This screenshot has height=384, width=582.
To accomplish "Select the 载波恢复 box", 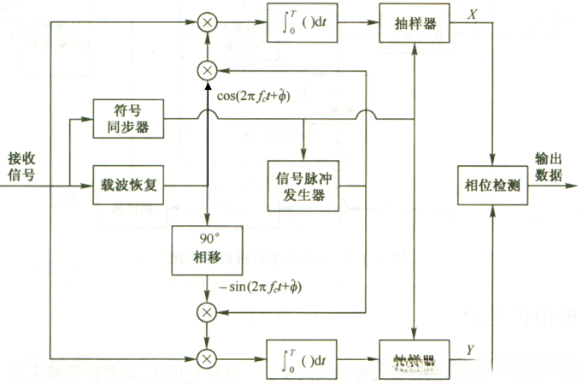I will tap(126, 185).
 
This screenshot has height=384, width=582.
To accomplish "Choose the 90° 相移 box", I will tap(209, 250).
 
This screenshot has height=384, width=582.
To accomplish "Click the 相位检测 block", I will tap(492, 186).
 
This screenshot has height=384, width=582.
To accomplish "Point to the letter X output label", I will tap(472, 14).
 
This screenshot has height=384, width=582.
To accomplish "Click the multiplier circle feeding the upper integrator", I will tap(209, 24).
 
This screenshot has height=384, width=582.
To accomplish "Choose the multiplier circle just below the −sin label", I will tap(209, 312).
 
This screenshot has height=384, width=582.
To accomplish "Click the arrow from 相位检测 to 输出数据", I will tap(544, 186).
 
